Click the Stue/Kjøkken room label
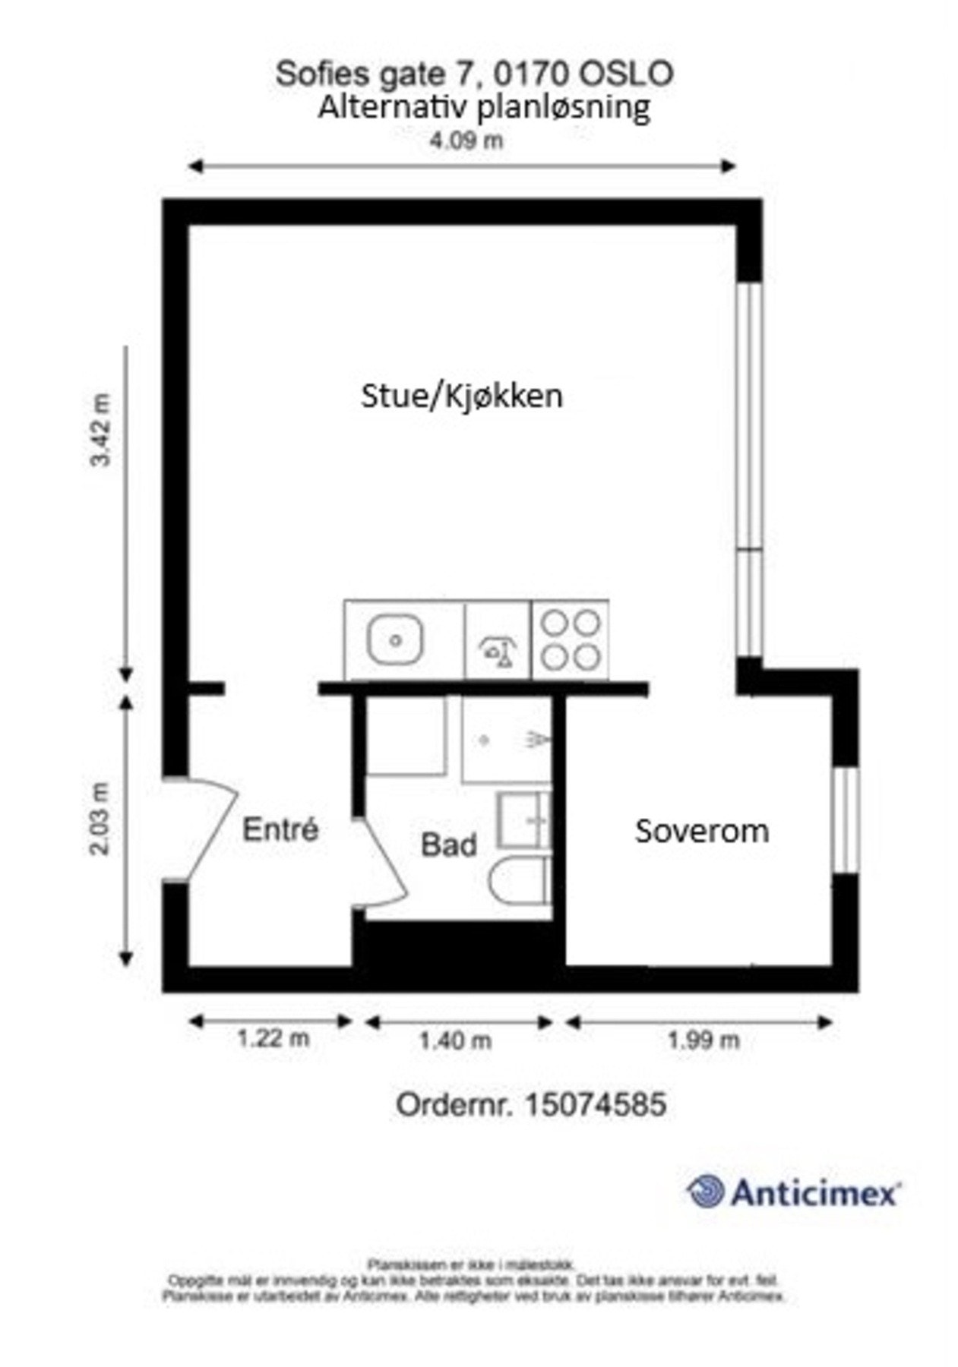point(461,396)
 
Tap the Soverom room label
point(701,831)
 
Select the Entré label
point(280,829)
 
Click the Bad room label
point(448,845)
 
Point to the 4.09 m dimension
point(466,140)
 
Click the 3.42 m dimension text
point(101,430)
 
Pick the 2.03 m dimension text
point(101,818)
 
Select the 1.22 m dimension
point(273,1038)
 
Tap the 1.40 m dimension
point(454,1040)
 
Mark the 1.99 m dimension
point(703,1040)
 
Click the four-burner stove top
point(570,639)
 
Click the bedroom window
point(846,819)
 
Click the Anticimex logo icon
point(706,1190)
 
